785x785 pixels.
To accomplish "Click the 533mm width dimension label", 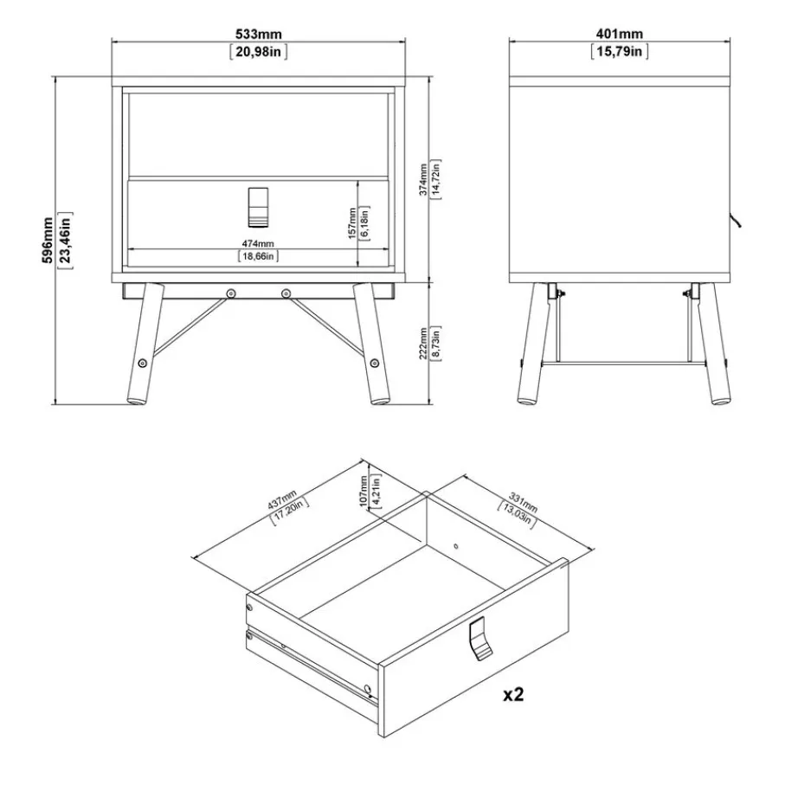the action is pos(258,34).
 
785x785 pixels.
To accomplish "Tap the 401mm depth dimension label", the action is pos(620,34).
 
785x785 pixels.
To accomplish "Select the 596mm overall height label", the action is pos(48,241).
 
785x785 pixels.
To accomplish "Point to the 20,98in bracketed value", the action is pos(258,51).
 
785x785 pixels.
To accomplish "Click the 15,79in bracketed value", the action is pos(620,51).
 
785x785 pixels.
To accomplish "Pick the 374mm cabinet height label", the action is pos(423,179).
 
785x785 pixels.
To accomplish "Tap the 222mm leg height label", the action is pos(423,344).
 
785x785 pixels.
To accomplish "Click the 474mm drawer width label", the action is pos(258,243).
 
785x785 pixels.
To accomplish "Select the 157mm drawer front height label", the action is pos(352,223).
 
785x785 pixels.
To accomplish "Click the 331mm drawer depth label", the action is pos(523,502).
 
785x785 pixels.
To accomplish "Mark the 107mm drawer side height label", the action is pos(364,491).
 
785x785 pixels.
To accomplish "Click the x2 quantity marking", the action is pos(513,694).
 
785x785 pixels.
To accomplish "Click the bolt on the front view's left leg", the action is pos(142,363).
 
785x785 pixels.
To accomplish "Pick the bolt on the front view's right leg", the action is pos(374,363).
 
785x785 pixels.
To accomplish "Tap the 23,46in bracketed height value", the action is pos(66,241).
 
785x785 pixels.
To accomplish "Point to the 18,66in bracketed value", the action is pos(258,256).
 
